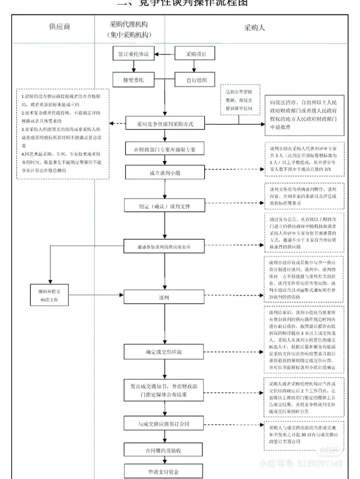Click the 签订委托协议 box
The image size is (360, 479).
click(x=133, y=54)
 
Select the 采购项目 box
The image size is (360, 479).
click(x=194, y=54)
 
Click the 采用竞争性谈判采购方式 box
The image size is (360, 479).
click(x=165, y=124)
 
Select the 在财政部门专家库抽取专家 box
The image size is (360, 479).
click(x=165, y=150)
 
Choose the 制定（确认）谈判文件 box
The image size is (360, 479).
click(x=165, y=206)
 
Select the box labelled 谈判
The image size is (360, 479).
click(x=165, y=297)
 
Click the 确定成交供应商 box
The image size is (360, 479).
click(x=165, y=352)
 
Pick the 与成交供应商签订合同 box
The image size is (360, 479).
click(x=165, y=424)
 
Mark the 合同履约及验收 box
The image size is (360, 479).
click(x=165, y=451)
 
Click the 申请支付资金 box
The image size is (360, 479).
click(x=165, y=472)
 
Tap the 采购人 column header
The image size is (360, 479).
click(x=254, y=28)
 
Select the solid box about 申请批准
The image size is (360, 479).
click(x=304, y=115)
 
